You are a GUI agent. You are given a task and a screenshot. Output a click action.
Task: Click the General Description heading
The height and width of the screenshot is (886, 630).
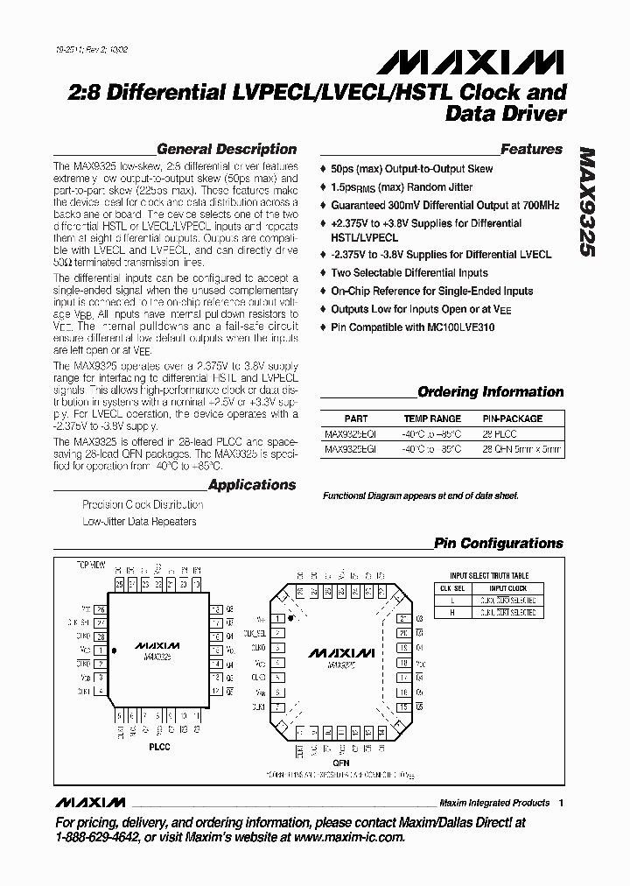[227, 150]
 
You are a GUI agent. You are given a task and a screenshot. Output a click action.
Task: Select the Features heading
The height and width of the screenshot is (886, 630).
[531, 150]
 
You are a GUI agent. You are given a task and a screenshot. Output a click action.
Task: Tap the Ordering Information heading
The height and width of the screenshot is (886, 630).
[490, 392]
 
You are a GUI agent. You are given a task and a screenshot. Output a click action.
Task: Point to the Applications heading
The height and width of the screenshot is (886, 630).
[252, 485]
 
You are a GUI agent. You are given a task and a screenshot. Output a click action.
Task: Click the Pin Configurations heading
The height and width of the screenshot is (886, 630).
[498, 544]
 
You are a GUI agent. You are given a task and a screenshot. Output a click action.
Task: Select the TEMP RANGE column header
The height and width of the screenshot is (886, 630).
[431, 418]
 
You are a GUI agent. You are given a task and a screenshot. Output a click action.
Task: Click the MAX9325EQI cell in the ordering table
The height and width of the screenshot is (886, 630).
[349, 433]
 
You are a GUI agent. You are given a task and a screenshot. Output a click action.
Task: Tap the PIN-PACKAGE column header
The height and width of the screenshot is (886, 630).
[513, 418]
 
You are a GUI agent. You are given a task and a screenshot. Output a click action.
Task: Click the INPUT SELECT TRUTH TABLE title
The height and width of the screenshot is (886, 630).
[489, 576]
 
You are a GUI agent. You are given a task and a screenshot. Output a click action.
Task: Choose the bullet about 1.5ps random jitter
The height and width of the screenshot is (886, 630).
[401, 187]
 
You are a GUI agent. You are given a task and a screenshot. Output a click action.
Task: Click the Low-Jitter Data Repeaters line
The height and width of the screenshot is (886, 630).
[139, 522]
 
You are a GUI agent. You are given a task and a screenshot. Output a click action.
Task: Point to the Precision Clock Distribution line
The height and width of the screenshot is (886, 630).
[143, 505]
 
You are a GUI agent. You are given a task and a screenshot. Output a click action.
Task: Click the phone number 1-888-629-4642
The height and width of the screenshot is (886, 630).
[97, 838]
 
